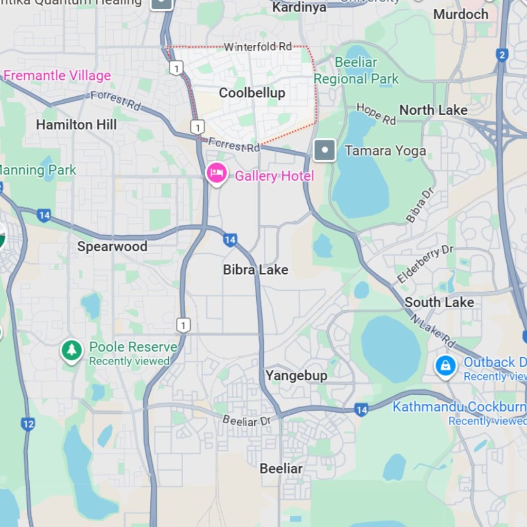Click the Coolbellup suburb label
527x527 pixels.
pyautogui.click(x=252, y=93)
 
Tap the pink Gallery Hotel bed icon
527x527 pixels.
pyautogui.click(x=217, y=173)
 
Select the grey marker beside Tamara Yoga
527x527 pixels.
pyautogui.click(x=325, y=151)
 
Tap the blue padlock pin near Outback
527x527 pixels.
pyautogui.click(x=445, y=366)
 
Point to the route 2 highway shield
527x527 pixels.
pyautogui.click(x=502, y=55)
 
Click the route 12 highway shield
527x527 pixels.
pyautogui.click(x=28, y=424)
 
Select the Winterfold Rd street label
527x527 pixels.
pyautogui.click(x=257, y=47)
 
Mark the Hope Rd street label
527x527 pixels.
pyautogui.click(x=376, y=114)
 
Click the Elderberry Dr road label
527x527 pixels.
pyautogui.click(x=425, y=265)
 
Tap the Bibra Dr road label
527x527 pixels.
pyautogui.click(x=420, y=205)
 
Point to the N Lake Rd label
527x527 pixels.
pyautogui.click(x=433, y=330)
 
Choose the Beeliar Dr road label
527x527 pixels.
pyautogui.click(x=246, y=420)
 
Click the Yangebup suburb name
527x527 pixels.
pyautogui.click(x=296, y=376)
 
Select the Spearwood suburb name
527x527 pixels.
pyautogui.click(x=112, y=247)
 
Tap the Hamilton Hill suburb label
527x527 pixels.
pyautogui.click(x=76, y=125)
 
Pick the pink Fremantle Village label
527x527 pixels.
pyautogui.click(x=57, y=76)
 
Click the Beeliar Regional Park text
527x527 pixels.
pyautogui.click(x=356, y=71)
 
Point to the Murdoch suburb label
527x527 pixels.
pyautogui.click(x=461, y=14)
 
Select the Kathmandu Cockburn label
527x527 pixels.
pyautogui.click(x=459, y=407)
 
